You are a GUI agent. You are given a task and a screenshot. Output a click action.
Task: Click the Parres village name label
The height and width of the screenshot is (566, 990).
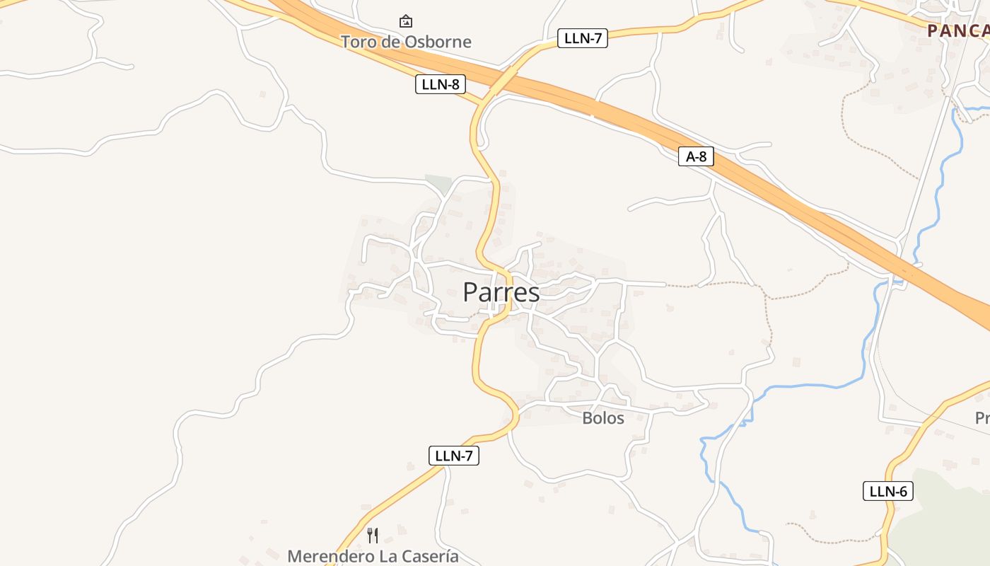[501, 292]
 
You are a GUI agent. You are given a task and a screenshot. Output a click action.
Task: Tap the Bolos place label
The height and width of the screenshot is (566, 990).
[603, 418]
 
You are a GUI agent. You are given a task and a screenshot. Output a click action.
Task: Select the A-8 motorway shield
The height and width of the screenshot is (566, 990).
[696, 156]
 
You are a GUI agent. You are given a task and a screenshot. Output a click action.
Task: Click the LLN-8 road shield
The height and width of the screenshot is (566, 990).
[440, 84]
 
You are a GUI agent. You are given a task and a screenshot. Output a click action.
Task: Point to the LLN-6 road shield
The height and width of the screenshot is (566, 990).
[887, 491]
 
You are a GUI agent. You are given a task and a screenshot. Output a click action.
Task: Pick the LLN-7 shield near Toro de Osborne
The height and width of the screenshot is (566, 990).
[582, 38]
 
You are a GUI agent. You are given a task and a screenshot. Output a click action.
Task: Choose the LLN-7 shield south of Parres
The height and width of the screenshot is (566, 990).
[453, 456]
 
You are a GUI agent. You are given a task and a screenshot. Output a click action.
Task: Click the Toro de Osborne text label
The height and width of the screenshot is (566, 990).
[406, 42]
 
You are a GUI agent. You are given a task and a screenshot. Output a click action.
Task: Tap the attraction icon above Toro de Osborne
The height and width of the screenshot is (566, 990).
[406, 21]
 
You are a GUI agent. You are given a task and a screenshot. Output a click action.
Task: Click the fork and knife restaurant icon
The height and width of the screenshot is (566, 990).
[373, 535]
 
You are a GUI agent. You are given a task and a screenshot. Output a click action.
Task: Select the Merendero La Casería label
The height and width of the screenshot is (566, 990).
[373, 556]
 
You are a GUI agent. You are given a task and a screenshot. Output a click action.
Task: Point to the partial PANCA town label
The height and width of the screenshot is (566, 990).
[957, 30]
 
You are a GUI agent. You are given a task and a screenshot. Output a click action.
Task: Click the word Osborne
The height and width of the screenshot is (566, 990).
[438, 42]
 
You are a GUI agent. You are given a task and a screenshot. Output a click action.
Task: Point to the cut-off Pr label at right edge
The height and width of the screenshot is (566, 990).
[982, 418]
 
